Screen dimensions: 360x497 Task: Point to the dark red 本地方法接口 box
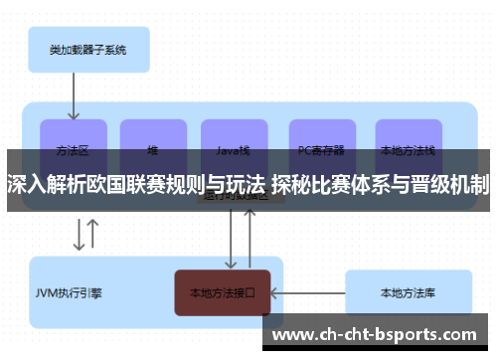click(223, 293)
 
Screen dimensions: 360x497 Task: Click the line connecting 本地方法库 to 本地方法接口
click(307, 293)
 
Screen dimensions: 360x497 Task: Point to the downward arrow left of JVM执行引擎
click(78, 235)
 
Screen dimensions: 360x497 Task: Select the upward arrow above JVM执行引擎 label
click(93, 235)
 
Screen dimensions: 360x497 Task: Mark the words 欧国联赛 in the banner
click(120, 184)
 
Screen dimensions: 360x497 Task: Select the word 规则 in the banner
click(182, 184)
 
